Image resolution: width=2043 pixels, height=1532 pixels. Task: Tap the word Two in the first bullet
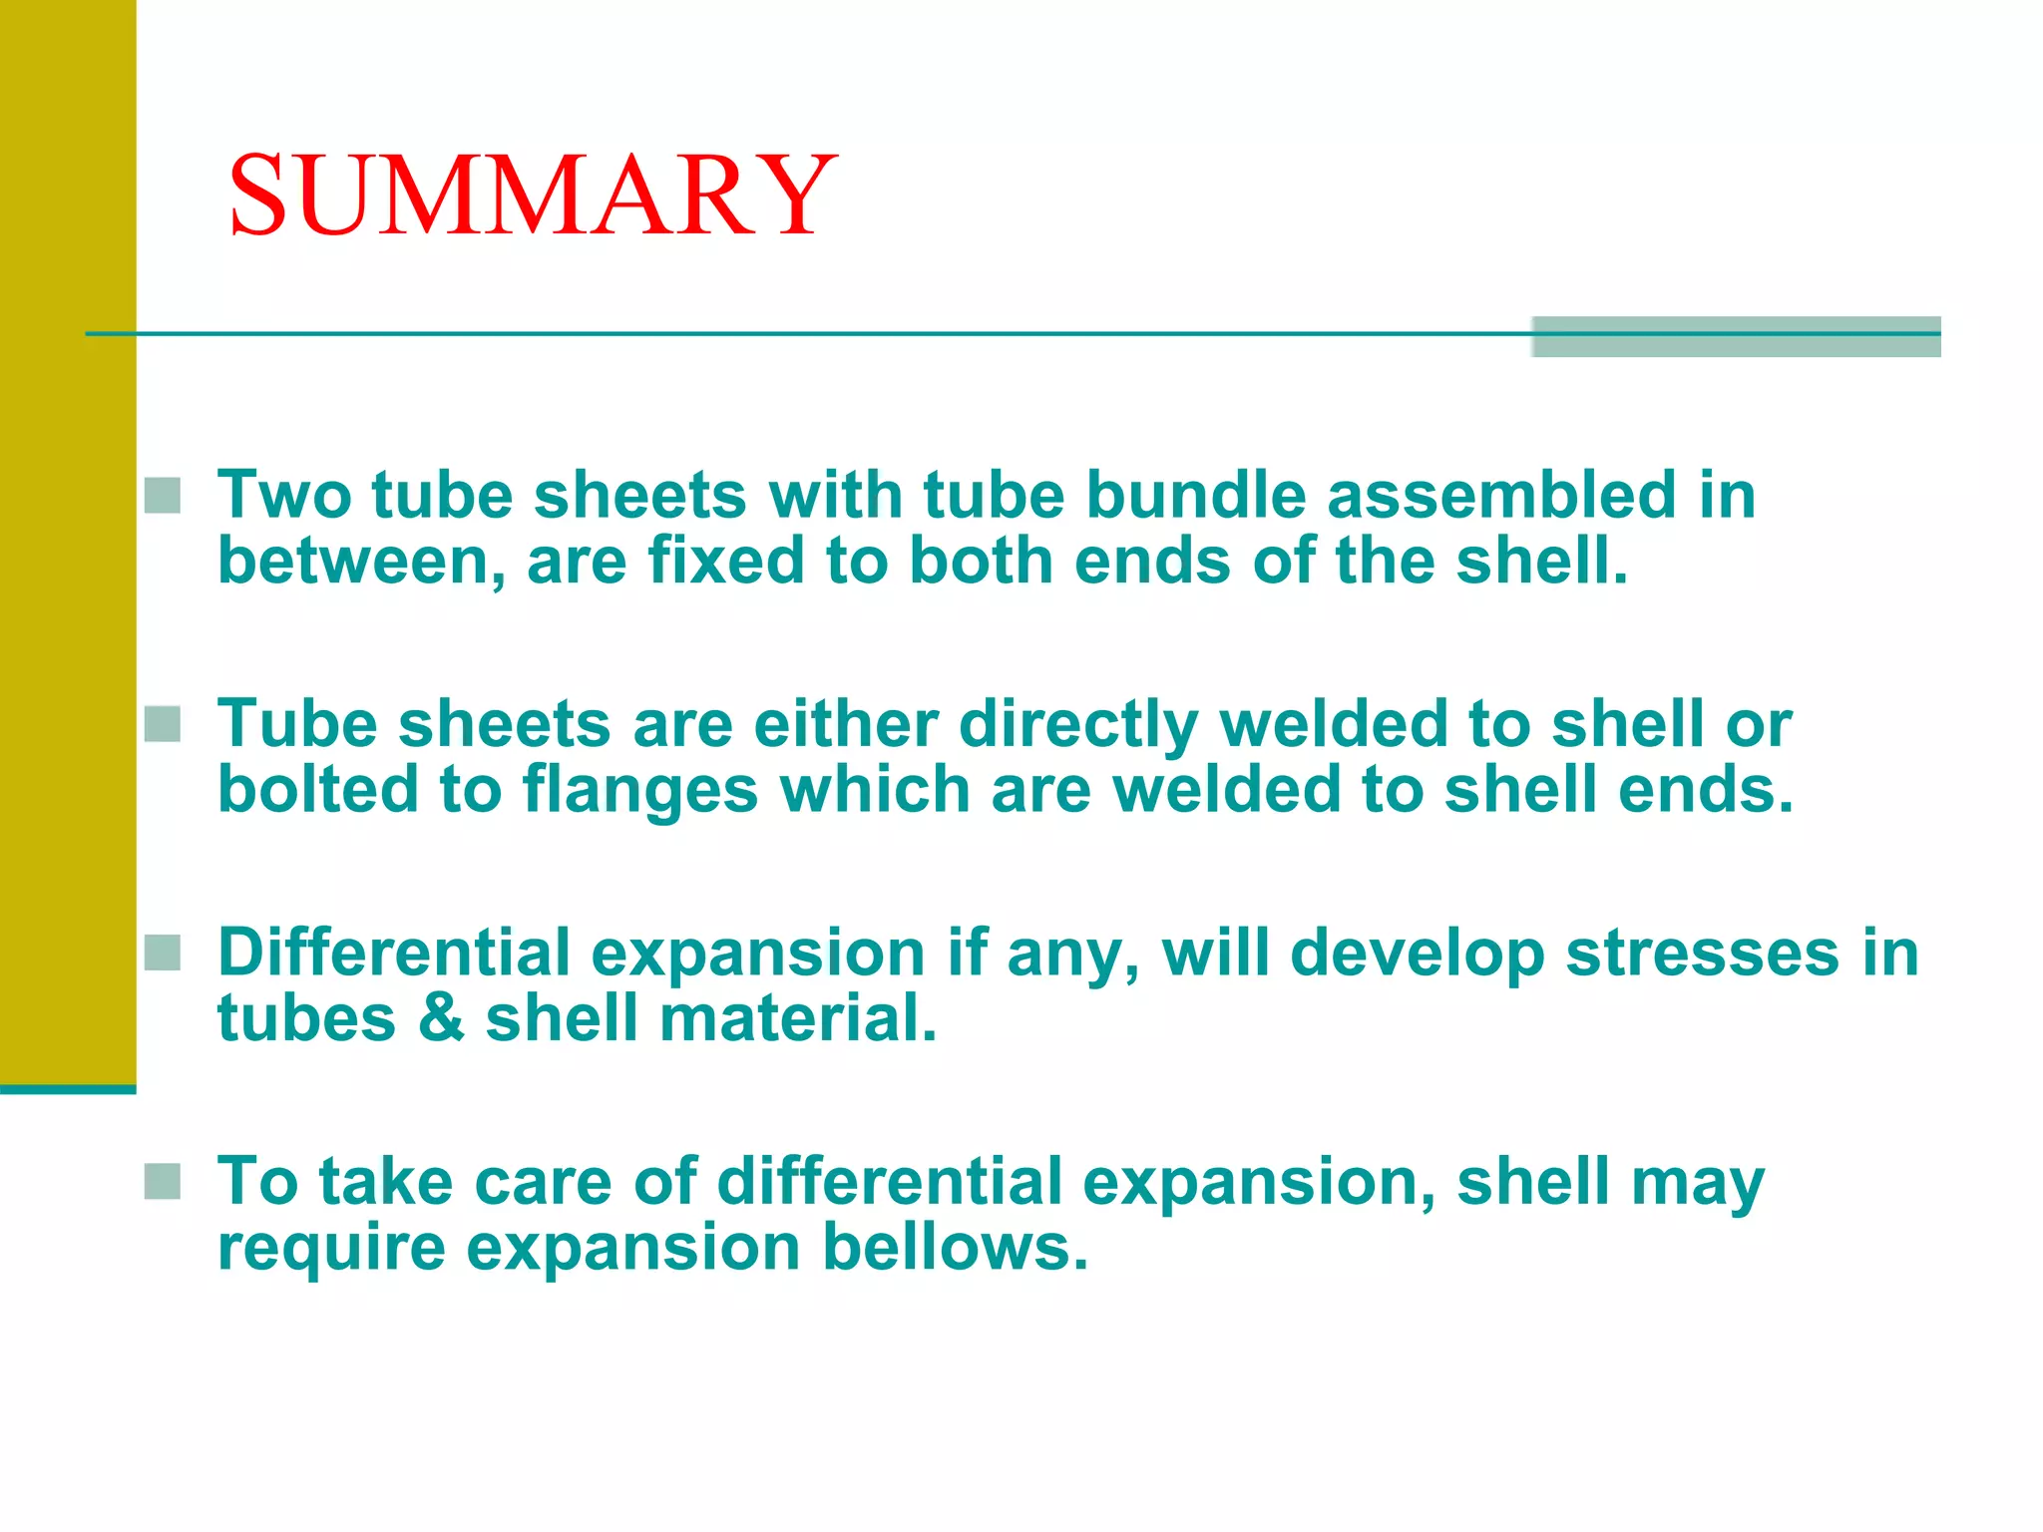pos(284,495)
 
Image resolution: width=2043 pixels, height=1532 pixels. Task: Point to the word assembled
pos(1501,495)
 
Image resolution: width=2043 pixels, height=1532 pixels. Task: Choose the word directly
pos(1078,725)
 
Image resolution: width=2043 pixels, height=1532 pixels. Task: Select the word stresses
pos(1703,953)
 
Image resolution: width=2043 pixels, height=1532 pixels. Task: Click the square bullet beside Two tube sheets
pos(163,496)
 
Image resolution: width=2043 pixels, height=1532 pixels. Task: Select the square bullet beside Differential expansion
pos(163,953)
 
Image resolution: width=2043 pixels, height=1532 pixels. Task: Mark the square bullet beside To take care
pos(163,1182)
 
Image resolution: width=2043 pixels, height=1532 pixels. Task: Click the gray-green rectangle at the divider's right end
pos(1736,337)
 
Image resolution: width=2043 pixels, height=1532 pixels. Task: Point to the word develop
pos(1417,955)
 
